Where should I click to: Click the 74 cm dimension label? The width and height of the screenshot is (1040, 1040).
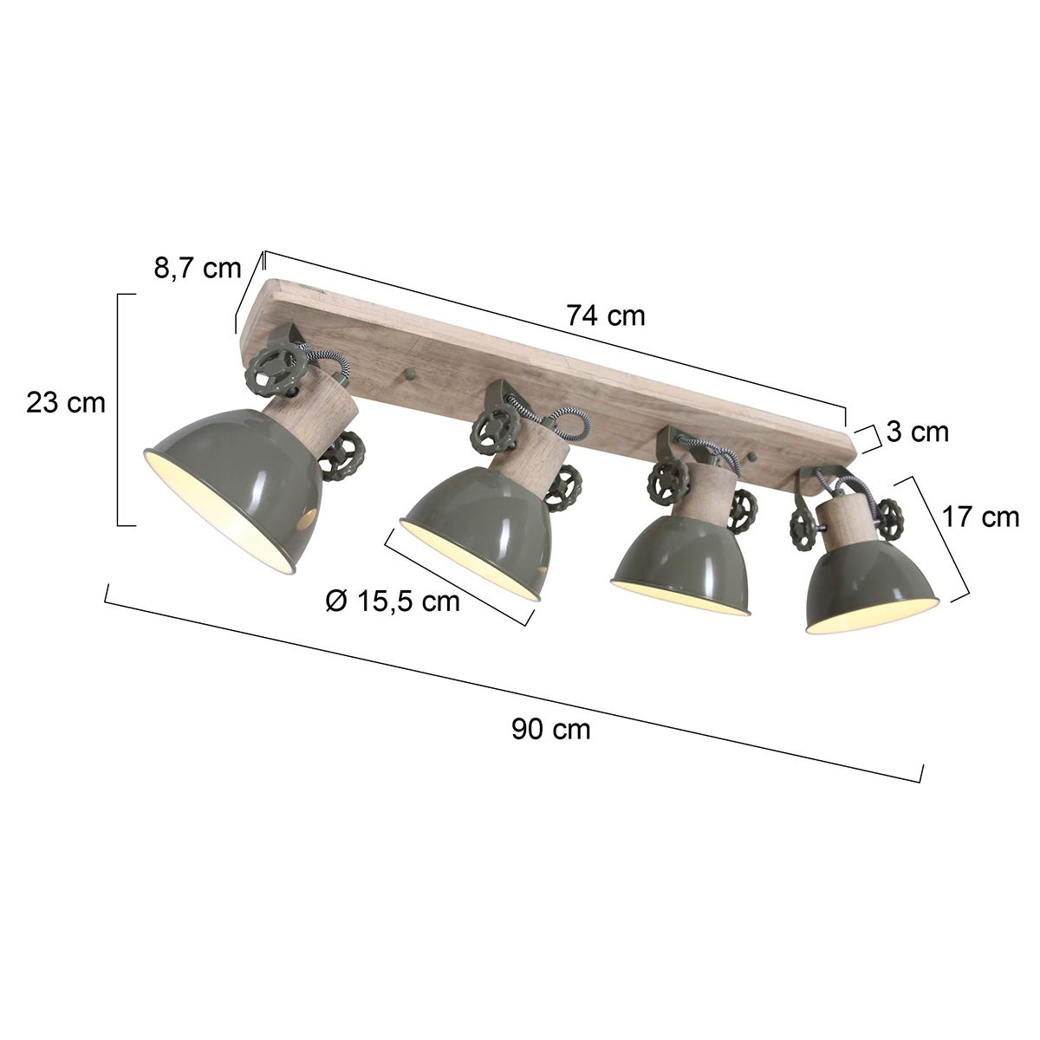click(606, 316)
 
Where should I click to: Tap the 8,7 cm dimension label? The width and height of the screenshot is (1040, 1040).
click(197, 268)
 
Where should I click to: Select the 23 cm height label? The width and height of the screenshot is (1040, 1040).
click(65, 403)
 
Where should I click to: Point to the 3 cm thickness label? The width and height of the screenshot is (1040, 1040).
click(918, 431)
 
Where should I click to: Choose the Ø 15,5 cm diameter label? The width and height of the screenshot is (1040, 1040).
click(393, 600)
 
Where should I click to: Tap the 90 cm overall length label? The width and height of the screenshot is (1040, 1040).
click(550, 729)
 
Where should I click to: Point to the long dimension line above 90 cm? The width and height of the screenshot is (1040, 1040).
click(511, 685)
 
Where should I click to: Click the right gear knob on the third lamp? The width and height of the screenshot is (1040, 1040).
click(742, 511)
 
